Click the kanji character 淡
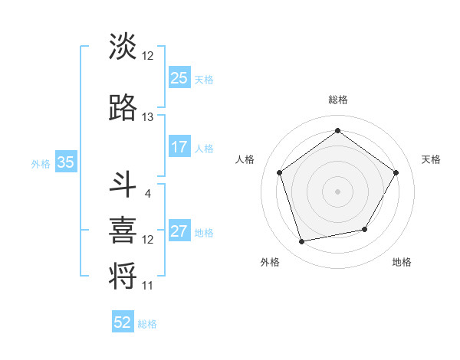tap(123, 47)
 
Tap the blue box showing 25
tap(179, 78)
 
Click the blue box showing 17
tap(179, 148)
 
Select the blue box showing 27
tap(179, 232)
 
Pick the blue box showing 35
tap(66, 162)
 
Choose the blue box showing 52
tap(123, 323)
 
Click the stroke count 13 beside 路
tap(148, 117)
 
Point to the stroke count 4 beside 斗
tap(148, 193)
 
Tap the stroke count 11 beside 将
tap(148, 286)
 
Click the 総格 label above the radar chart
tap(337, 100)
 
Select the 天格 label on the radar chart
tap(431, 159)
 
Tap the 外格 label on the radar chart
tap(270, 262)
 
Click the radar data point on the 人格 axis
tap(279, 172)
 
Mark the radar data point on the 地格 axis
tap(365, 229)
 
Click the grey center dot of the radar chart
tap(337, 191)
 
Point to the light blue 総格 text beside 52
tap(147, 324)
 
